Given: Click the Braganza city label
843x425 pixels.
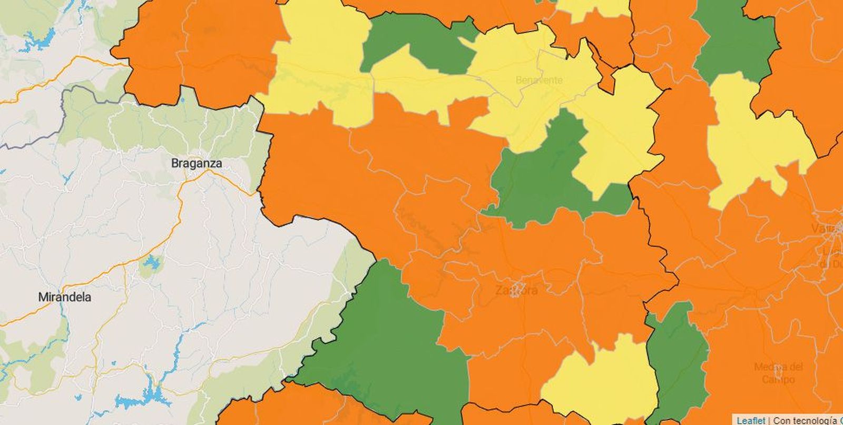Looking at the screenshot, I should coord(197,163).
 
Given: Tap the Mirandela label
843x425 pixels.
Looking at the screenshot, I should coord(65,297).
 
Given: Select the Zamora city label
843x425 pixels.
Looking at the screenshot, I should coord(516,290).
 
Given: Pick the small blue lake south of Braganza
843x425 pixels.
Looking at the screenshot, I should coord(152,263).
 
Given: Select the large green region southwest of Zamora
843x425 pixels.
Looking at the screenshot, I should coord(390,342).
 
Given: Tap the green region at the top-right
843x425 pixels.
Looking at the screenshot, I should coord(735,39).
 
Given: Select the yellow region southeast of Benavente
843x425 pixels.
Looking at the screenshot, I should coord(616,137).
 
